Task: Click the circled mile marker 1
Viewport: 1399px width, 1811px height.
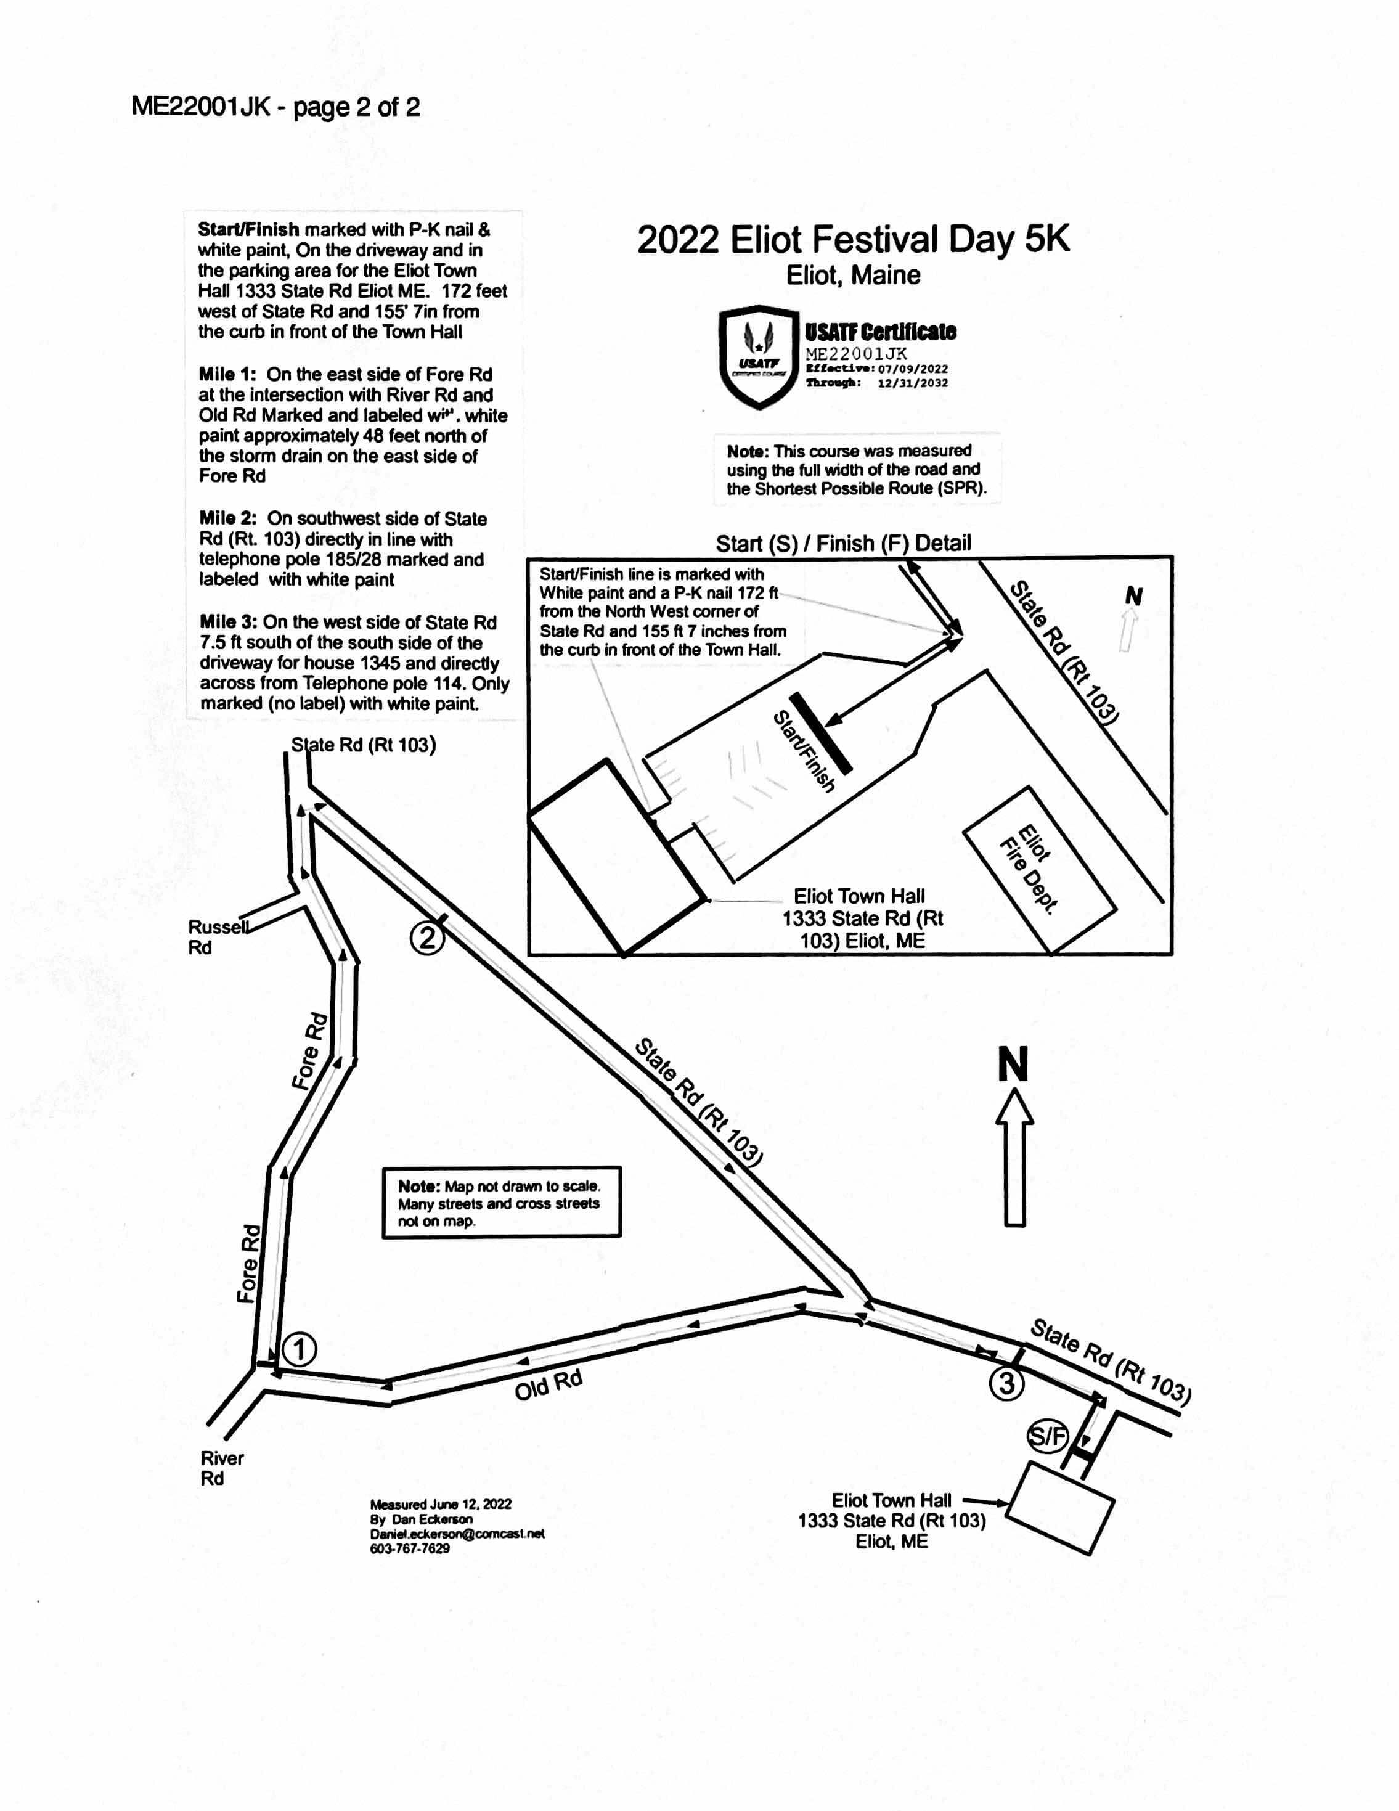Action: pyautogui.click(x=300, y=1349)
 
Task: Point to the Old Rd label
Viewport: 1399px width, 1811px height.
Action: pyautogui.click(x=548, y=1385)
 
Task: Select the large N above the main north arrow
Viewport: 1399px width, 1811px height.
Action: pyautogui.click(x=1013, y=1064)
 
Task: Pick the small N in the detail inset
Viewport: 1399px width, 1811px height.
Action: pyautogui.click(x=1133, y=595)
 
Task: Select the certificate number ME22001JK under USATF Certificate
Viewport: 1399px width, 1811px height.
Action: pyautogui.click(x=856, y=353)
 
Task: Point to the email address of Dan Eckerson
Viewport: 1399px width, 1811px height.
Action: pyautogui.click(x=457, y=1534)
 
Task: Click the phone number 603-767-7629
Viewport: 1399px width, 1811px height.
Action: pyautogui.click(x=410, y=1548)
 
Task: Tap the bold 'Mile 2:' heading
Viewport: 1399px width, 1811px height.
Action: pyautogui.click(x=227, y=518)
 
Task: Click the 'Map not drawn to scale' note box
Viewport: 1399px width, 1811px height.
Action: pyautogui.click(x=501, y=1203)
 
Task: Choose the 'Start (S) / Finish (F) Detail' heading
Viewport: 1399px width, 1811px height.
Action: pyautogui.click(x=843, y=543)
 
